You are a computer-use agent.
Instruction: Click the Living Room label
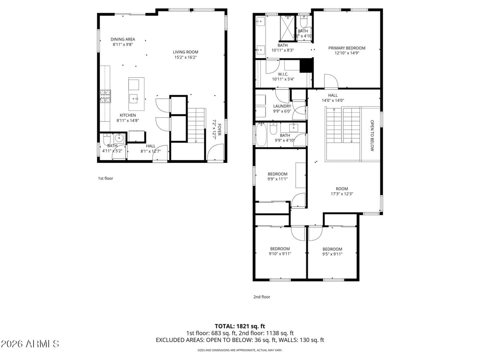pyautogui.click(x=185, y=52)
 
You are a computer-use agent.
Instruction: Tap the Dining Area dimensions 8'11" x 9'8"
pyautogui.click(x=122, y=45)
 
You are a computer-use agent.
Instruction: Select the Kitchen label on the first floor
pyautogui.click(x=128, y=115)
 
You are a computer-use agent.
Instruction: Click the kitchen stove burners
pyautogui.click(x=105, y=96)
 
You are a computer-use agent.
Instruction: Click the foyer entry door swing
pyautogui.click(x=214, y=154)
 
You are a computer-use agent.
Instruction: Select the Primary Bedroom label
pyautogui.click(x=347, y=48)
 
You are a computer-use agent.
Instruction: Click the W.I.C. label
pyautogui.click(x=283, y=74)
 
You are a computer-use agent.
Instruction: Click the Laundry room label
pyautogui.click(x=282, y=106)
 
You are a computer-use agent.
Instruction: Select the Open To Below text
pyautogui.click(x=372, y=136)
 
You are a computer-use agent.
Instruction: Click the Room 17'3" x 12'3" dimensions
pyautogui.click(x=342, y=194)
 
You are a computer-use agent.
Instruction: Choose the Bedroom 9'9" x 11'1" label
pyautogui.click(x=277, y=174)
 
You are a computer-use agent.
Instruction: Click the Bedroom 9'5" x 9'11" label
pyautogui.click(x=332, y=249)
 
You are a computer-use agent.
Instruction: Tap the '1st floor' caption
pyautogui.click(x=106, y=178)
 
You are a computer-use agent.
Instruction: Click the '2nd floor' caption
pyautogui.click(x=262, y=297)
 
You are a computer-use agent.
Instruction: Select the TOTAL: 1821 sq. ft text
pyautogui.click(x=240, y=326)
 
